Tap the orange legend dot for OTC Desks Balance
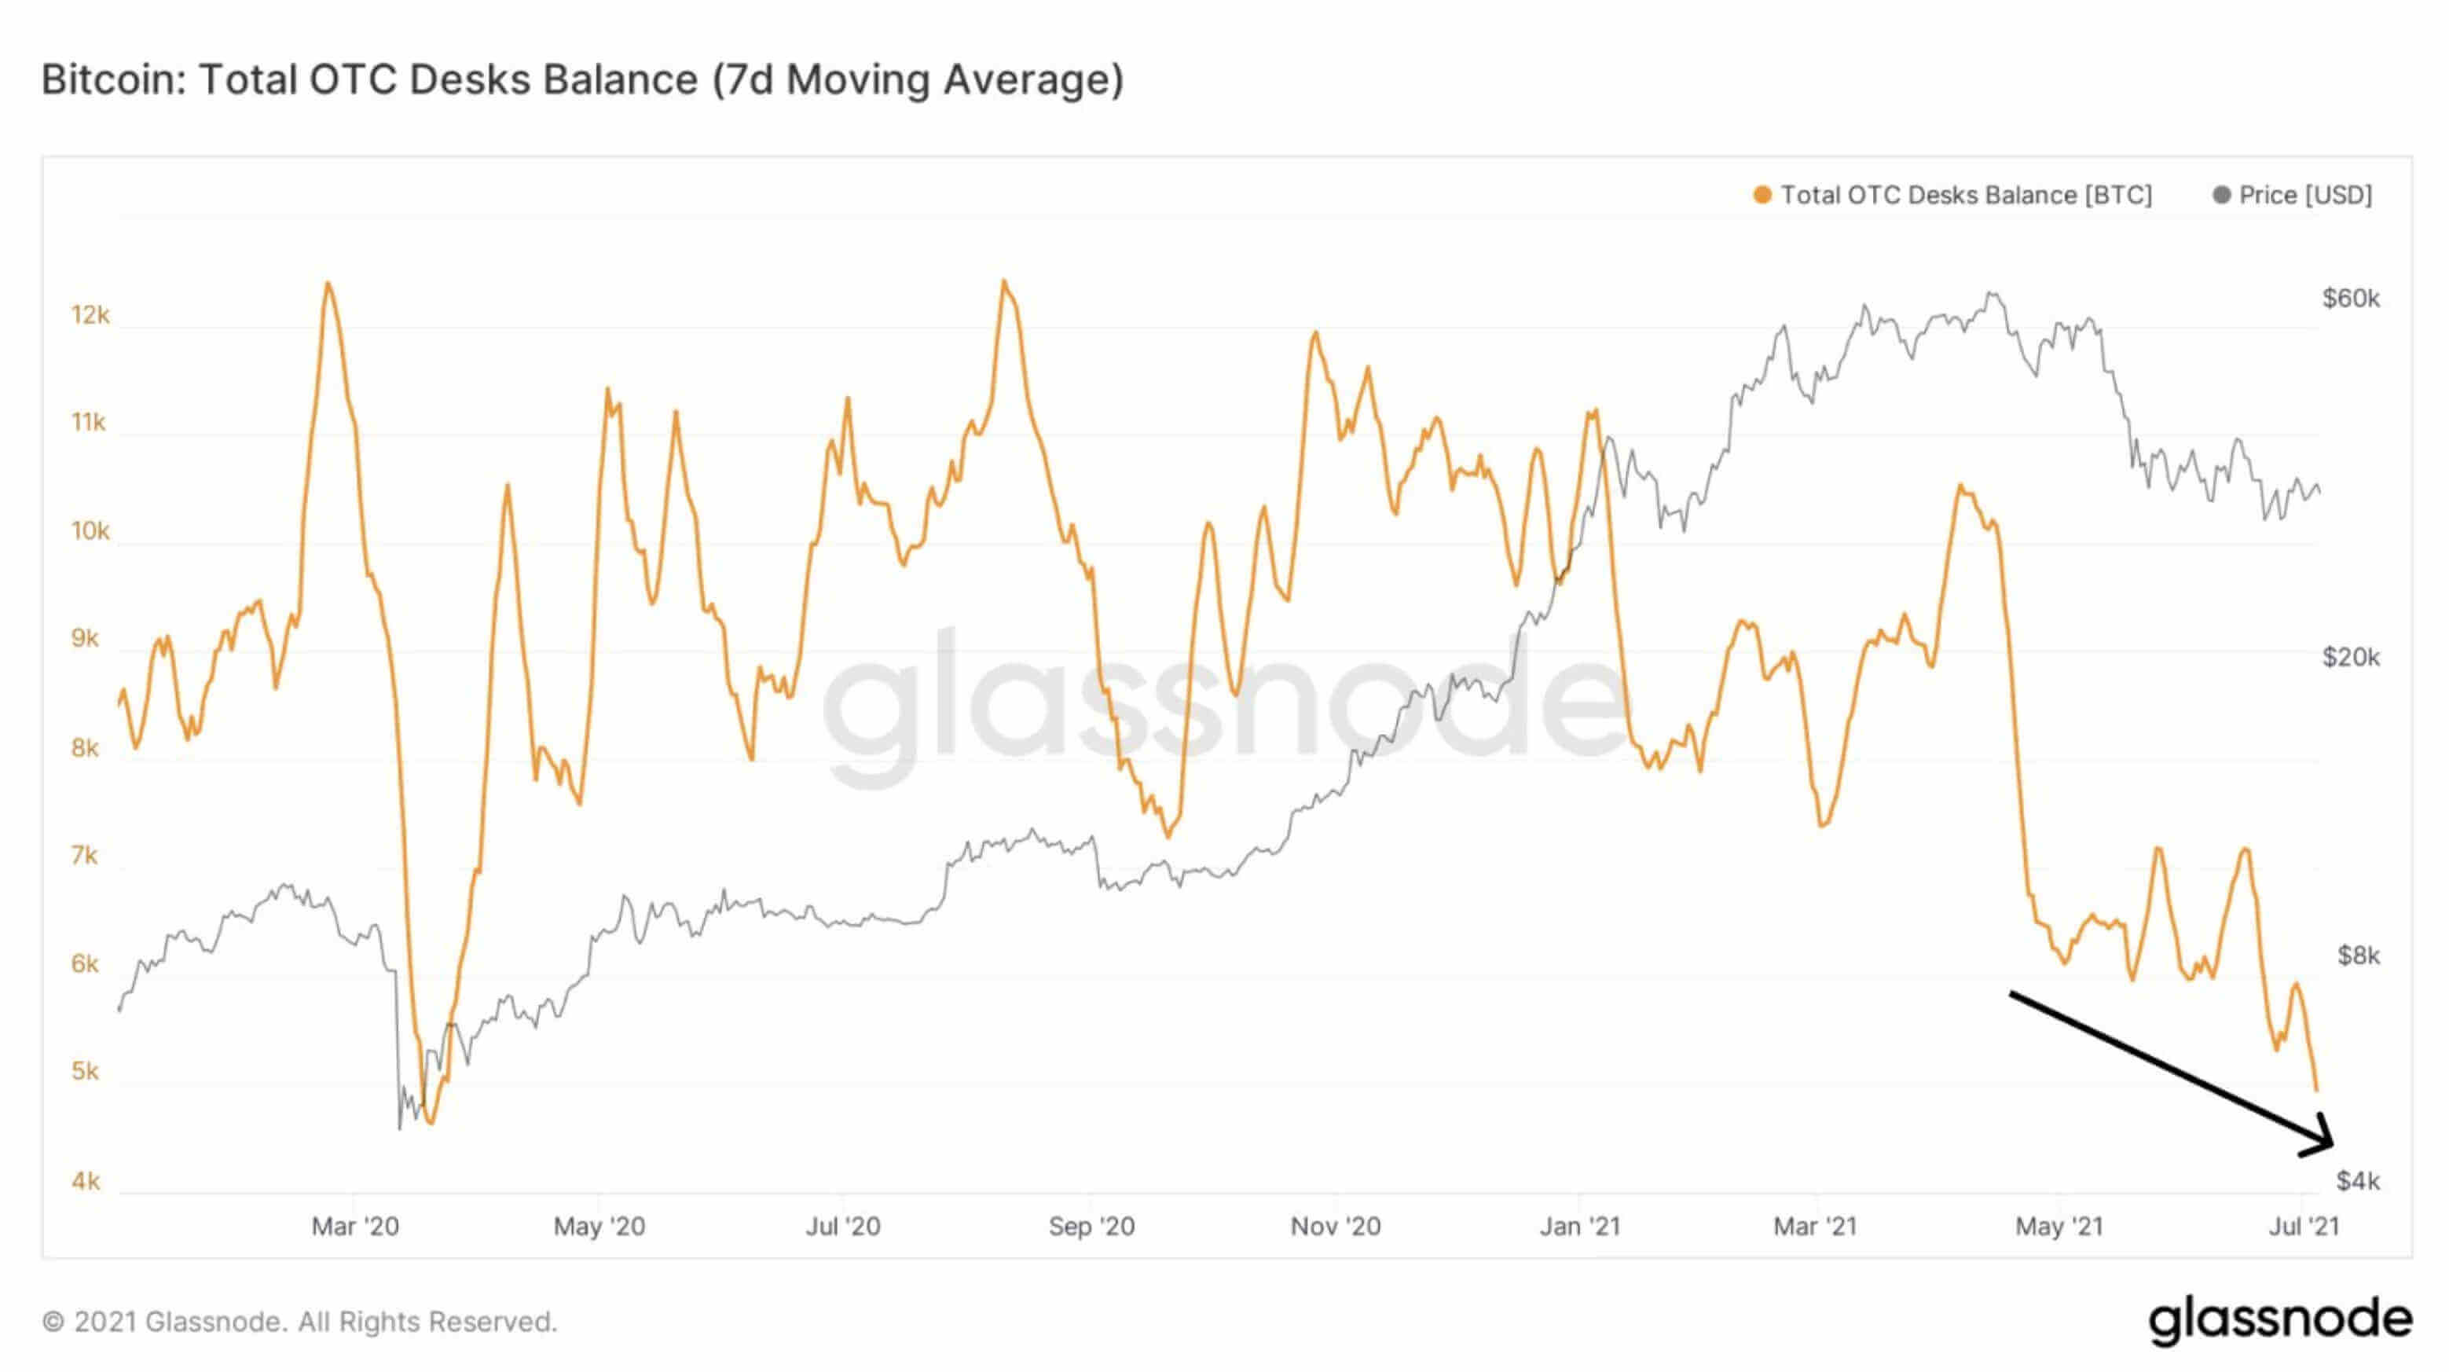pyautogui.click(x=1762, y=195)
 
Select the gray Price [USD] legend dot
pyautogui.click(x=2221, y=195)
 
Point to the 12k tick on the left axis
pyautogui.click(x=90, y=315)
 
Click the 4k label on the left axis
pyautogui.click(x=86, y=1181)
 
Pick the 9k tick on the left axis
pyautogui.click(x=86, y=638)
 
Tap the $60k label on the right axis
pyautogui.click(x=2350, y=299)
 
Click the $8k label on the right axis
pyautogui.click(x=2358, y=956)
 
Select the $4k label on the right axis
pyautogui.click(x=2358, y=1181)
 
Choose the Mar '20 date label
pyautogui.click(x=354, y=1227)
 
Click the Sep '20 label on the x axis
pyautogui.click(x=1091, y=1227)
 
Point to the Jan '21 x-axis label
pyautogui.click(x=1579, y=1227)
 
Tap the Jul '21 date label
pyautogui.click(x=2303, y=1227)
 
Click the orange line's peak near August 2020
pyautogui.click(x=1003, y=281)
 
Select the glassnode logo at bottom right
pyautogui.click(x=2280, y=1319)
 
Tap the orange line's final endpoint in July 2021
pyautogui.click(x=2317, y=1091)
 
